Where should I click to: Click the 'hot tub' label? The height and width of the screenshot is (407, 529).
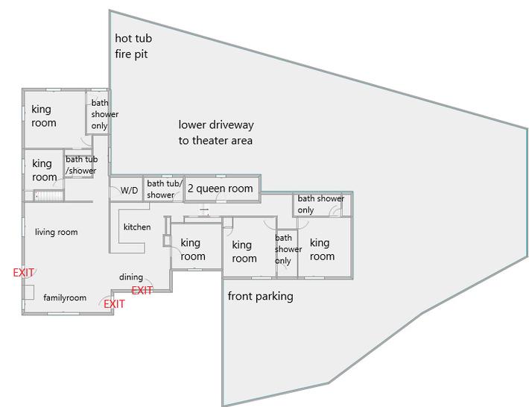[x=133, y=38]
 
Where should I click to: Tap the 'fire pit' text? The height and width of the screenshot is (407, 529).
[x=131, y=54]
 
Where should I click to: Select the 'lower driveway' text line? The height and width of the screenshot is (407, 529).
[x=216, y=125]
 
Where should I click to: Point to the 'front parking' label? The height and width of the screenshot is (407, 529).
[x=260, y=297]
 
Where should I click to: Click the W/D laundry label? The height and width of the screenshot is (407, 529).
[x=129, y=190]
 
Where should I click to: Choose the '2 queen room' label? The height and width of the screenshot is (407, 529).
[x=220, y=189]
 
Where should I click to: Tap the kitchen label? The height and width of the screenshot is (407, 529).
[x=137, y=227]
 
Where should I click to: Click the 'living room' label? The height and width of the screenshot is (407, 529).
[x=57, y=232]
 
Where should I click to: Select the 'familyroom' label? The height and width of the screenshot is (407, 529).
[x=65, y=297]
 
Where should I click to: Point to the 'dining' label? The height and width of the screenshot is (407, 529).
[x=131, y=277]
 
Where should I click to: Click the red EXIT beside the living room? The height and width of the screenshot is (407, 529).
[x=23, y=273]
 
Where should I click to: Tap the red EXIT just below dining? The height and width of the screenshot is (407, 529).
[x=142, y=290]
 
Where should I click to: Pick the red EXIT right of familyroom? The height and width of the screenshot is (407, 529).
[x=114, y=304]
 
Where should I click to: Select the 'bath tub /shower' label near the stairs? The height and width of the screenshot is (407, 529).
[x=82, y=165]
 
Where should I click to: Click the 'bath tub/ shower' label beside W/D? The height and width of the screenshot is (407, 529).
[x=165, y=189]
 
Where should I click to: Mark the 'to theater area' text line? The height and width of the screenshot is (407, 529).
[x=215, y=140]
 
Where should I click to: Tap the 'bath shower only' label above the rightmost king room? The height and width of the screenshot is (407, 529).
[x=321, y=204]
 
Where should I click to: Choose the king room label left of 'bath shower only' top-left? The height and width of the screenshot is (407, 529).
[x=44, y=116]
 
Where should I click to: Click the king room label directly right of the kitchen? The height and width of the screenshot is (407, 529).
[x=193, y=250]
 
